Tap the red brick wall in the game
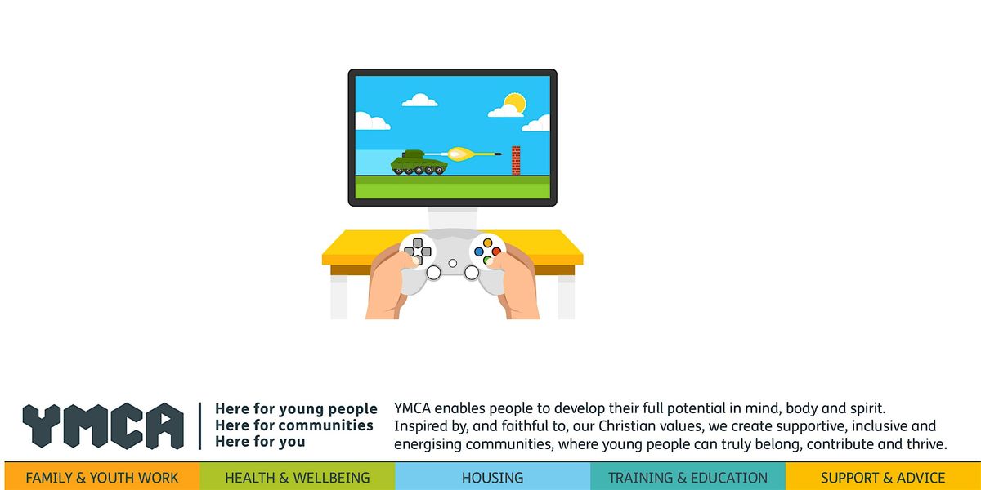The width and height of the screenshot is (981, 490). pos(515,160)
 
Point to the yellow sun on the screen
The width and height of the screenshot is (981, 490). pos(514,104)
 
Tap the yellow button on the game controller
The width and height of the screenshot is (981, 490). pos(489,243)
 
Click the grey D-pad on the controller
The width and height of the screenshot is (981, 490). pos(418,247)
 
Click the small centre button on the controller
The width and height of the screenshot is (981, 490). pos(453,263)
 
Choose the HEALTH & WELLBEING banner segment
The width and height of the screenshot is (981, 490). pos(298,478)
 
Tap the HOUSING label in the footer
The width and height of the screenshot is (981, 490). pos(492,478)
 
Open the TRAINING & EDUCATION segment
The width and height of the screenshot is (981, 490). pos(688,478)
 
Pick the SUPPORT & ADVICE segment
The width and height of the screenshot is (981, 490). pos(883,478)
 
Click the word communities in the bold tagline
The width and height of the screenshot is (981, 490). pos(325,425)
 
